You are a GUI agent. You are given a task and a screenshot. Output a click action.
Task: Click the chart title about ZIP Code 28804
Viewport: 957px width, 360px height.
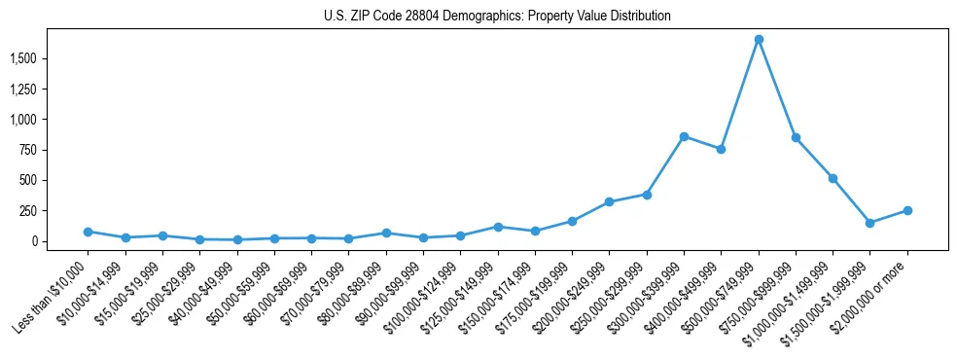(497, 17)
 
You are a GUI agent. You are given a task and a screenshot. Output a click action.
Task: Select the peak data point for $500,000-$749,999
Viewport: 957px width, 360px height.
(759, 40)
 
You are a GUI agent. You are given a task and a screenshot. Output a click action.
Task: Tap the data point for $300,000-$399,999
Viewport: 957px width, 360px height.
(684, 136)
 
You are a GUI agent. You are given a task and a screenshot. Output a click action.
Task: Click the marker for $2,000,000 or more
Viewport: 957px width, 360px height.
(907, 210)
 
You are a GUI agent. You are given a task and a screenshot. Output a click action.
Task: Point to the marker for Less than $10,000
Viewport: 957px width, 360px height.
(88, 232)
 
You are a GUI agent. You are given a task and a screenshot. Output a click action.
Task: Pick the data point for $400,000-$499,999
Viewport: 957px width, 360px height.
(721, 149)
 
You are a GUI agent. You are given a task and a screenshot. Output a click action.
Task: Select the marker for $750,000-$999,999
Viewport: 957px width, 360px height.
(796, 138)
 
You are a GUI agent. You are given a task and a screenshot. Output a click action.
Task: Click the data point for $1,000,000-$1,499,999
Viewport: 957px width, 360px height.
(833, 179)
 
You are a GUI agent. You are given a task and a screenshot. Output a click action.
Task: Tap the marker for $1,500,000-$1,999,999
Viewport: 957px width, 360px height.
(870, 223)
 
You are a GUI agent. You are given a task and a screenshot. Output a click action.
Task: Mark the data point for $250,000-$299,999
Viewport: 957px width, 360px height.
(647, 195)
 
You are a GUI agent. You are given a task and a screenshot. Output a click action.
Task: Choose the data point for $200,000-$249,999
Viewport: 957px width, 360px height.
(609, 202)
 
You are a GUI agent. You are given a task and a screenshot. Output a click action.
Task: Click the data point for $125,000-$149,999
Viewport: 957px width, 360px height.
(498, 227)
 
